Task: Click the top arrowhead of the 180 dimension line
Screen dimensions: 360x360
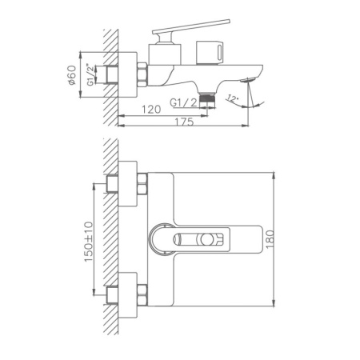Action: tap(274, 173)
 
